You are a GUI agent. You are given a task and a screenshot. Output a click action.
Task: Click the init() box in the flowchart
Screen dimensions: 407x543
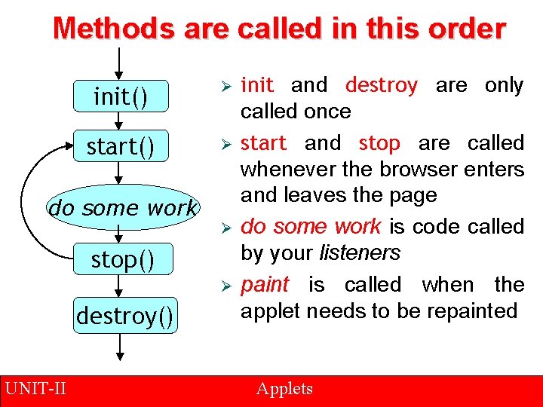[121, 97]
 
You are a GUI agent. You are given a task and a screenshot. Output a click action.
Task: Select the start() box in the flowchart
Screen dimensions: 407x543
[121, 147]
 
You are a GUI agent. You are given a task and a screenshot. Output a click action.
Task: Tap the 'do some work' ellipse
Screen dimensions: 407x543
[121, 207]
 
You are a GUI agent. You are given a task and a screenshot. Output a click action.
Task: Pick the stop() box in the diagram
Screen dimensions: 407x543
[121, 260]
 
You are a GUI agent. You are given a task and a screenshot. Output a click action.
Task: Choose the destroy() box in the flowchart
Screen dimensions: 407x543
[125, 315]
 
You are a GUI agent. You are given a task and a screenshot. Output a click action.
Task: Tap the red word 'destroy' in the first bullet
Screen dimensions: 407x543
[381, 85]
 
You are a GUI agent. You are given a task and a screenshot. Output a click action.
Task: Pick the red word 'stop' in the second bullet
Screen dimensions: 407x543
[379, 142]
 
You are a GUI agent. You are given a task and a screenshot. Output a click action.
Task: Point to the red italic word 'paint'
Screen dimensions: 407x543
[265, 285]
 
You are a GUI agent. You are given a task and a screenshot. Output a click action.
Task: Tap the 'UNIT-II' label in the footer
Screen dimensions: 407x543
[35, 389]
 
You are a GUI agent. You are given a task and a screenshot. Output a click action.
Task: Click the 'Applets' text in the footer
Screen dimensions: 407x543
[284, 389]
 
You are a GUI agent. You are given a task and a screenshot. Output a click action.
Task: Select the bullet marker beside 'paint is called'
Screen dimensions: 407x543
[224, 286]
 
